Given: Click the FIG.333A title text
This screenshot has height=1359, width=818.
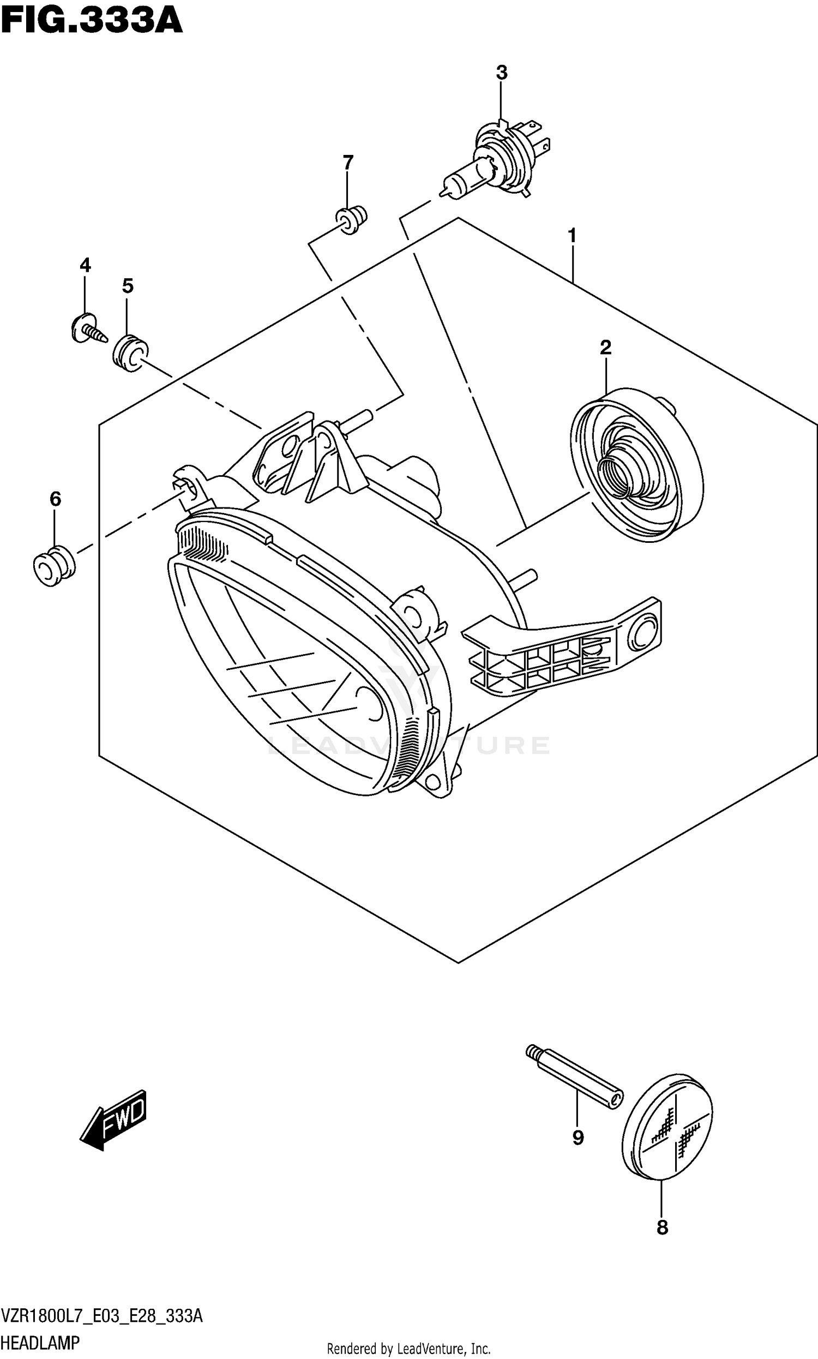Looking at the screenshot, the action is coord(92,21).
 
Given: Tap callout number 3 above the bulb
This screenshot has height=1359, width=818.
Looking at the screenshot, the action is coord(501,73).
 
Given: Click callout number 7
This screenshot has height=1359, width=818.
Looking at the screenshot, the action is coord(347,163).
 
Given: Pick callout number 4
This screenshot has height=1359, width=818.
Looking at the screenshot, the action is coord(85,265).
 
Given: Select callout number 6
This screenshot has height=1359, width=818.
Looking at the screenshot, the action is coord(55,499).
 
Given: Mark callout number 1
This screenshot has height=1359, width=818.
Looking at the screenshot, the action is coord(572,236).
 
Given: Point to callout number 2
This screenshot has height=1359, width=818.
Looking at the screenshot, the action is coord(605,348).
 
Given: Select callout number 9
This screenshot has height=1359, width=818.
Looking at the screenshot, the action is coord(578,1138).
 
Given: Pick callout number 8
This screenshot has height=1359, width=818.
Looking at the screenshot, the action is coord(662,1228).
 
